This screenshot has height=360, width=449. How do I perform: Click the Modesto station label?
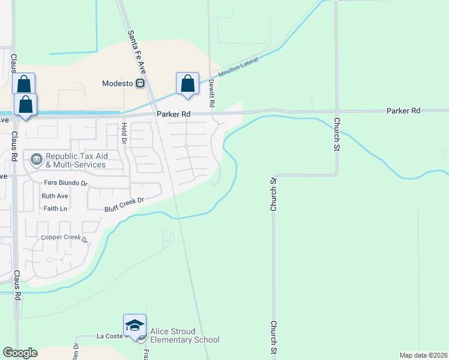click(x=118, y=83)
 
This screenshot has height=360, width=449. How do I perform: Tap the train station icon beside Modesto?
click(x=140, y=83)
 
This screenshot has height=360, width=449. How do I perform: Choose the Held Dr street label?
click(x=124, y=133)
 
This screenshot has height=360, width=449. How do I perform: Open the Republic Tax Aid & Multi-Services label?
click(x=76, y=160)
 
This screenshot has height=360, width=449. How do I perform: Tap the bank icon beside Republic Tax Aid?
click(x=37, y=160)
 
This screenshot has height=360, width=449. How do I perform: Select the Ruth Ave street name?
click(x=55, y=196)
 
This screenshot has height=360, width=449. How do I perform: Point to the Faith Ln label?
click(x=55, y=208)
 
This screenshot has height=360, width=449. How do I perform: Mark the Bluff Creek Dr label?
click(x=125, y=204)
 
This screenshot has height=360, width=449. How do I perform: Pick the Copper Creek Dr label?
click(x=65, y=238)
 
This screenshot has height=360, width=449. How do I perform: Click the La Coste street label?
click(x=109, y=337)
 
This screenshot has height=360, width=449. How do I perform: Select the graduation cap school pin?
click(x=134, y=326)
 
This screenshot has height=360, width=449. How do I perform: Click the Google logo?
click(x=20, y=353)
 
